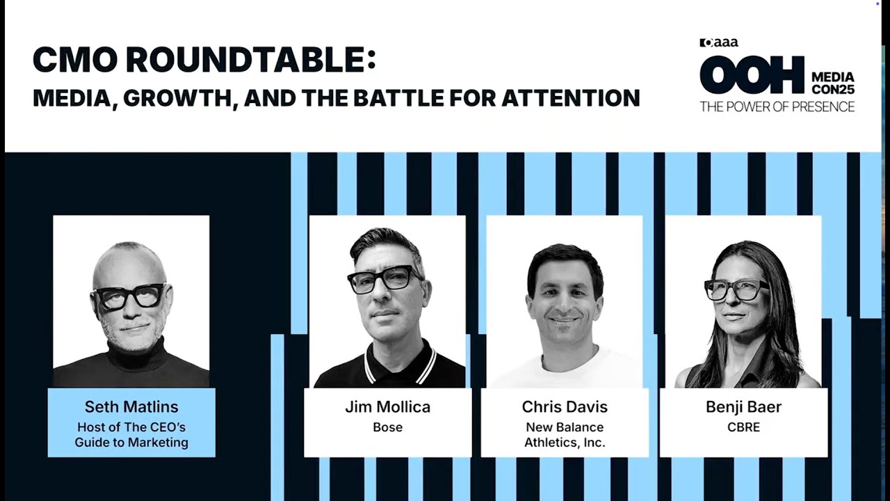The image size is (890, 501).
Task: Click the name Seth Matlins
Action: pyautogui.click(x=131, y=406)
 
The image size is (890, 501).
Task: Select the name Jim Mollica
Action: pyautogui.click(x=387, y=407)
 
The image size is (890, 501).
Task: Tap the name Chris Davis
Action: pyautogui.click(x=565, y=407)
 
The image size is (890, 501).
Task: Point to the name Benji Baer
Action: pyautogui.click(x=743, y=407)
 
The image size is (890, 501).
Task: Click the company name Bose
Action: pyautogui.click(x=387, y=427)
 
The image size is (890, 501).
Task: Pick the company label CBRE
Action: pyautogui.click(x=743, y=427)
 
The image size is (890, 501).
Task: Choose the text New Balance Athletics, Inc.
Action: pyautogui.click(x=565, y=435)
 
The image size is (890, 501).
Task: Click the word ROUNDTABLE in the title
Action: pyautogui.click(x=244, y=61)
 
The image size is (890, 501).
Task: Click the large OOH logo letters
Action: pyautogui.click(x=752, y=76)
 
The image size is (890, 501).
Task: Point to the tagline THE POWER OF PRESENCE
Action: pyautogui.click(x=777, y=106)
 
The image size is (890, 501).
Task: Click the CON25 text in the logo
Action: pyautogui.click(x=832, y=89)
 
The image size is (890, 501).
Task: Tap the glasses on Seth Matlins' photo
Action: pyautogui.click(x=129, y=296)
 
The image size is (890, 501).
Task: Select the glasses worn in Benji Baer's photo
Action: pyautogui.click(x=736, y=289)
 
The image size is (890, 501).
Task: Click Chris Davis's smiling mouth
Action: pyautogui.click(x=565, y=321)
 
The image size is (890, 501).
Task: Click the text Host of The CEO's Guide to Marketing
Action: pyautogui.click(x=131, y=435)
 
